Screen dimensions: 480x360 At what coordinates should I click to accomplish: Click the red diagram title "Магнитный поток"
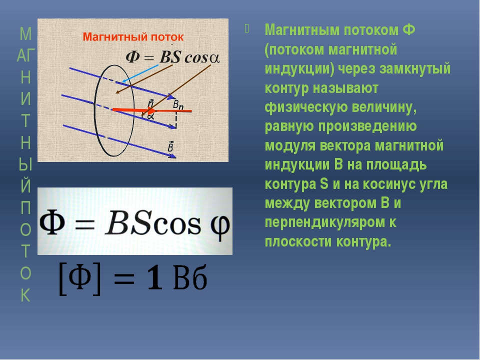[133, 37]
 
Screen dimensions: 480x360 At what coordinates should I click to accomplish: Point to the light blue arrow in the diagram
[140, 73]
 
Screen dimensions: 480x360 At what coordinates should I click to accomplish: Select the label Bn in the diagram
[178, 104]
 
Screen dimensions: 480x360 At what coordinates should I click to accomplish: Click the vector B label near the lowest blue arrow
[170, 146]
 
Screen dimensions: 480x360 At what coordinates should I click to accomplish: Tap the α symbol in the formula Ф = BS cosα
[214, 58]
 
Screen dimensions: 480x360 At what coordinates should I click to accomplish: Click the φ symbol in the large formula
[220, 226]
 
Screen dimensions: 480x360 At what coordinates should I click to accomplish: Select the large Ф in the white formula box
[52, 222]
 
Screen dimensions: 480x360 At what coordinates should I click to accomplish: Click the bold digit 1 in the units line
[154, 277]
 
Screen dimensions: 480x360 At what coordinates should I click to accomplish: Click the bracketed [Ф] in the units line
[79, 278]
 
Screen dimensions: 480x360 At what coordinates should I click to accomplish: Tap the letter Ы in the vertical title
[25, 164]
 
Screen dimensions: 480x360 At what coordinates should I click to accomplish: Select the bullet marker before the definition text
[247, 29]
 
